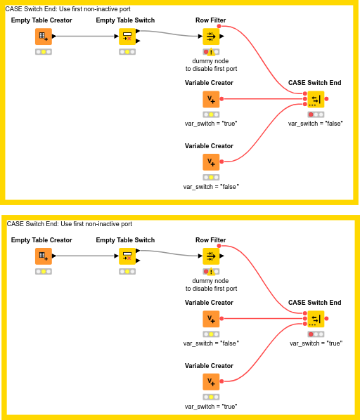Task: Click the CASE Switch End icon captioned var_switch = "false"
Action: click(316, 99)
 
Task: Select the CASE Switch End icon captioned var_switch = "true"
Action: click(316, 319)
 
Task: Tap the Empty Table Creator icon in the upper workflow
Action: click(43, 37)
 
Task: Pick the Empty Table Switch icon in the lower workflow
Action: click(127, 256)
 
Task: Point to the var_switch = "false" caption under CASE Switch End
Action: click(316, 124)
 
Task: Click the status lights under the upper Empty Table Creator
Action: click(43, 52)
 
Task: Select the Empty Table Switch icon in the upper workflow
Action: click(127, 37)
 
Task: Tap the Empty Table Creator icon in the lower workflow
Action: click(43, 256)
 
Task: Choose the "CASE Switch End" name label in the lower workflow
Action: click(315, 303)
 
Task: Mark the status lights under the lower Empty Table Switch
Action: click(127, 272)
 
